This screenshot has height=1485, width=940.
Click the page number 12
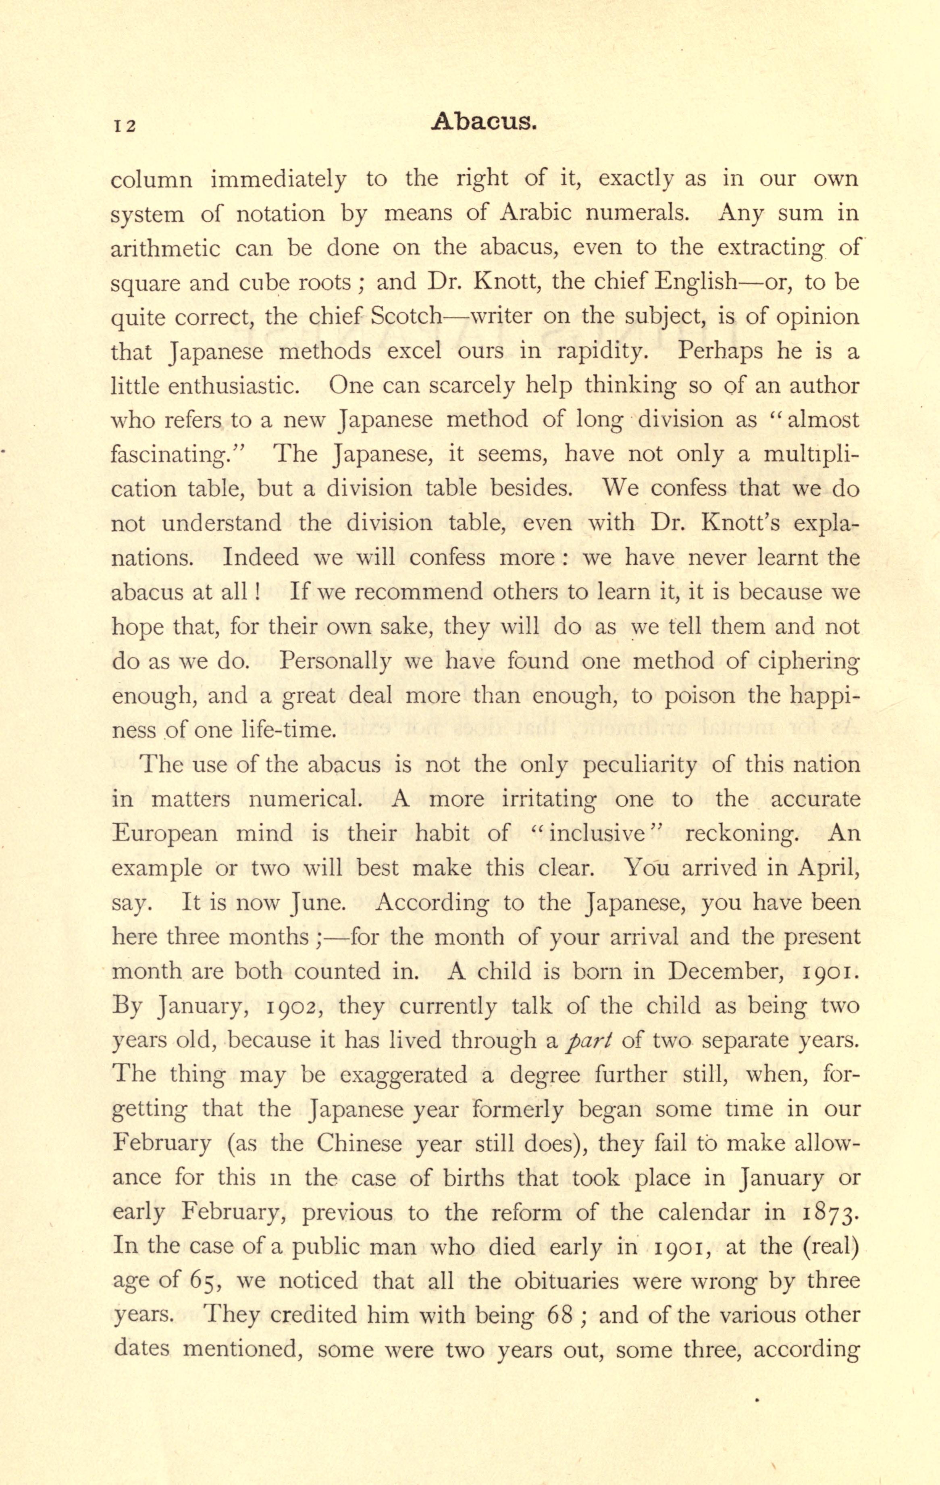[x=123, y=126]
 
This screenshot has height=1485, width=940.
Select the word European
[x=165, y=834]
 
